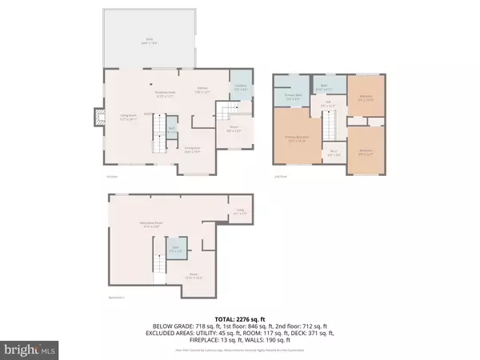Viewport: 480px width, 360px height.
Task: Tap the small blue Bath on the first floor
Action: point(171,129)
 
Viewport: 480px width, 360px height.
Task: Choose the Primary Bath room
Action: point(294,94)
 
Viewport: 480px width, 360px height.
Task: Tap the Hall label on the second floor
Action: point(329,103)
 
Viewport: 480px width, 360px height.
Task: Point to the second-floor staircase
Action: point(328,126)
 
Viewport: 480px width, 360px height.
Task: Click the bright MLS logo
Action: point(30,350)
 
